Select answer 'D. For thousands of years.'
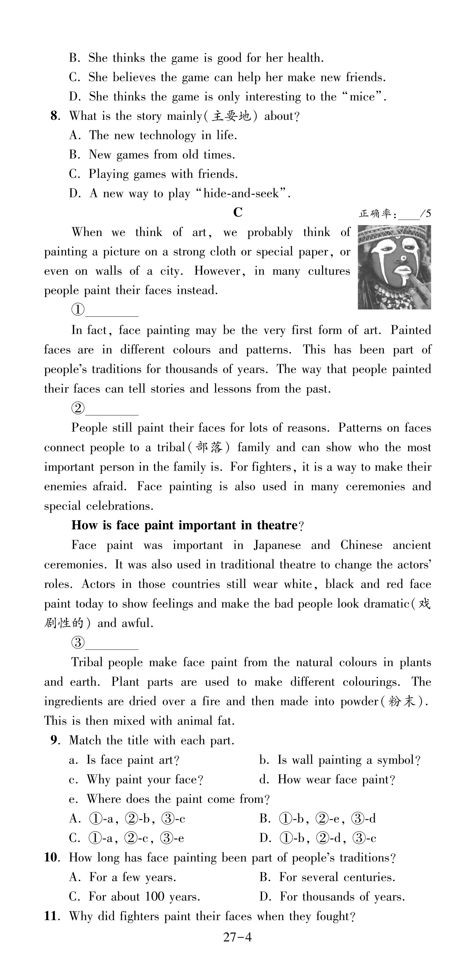[x=332, y=897]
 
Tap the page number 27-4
[x=237, y=937]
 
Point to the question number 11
[x=51, y=916]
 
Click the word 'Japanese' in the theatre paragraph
[x=277, y=545]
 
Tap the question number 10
[x=51, y=858]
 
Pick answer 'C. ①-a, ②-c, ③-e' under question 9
[x=127, y=838]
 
